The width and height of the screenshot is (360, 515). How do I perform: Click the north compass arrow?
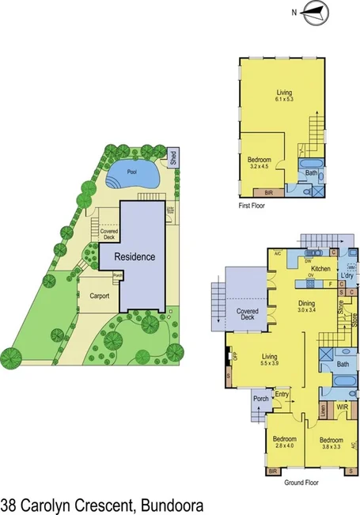[314, 11]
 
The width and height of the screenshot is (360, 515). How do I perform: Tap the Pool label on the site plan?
[132, 171]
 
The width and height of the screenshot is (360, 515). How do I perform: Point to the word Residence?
[135, 257]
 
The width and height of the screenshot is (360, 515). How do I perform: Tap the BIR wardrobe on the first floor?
[262, 191]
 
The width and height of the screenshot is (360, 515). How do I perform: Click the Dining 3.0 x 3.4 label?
[306, 307]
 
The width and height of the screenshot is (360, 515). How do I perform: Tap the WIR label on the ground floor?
[342, 407]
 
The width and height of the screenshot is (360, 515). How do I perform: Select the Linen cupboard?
[324, 411]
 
